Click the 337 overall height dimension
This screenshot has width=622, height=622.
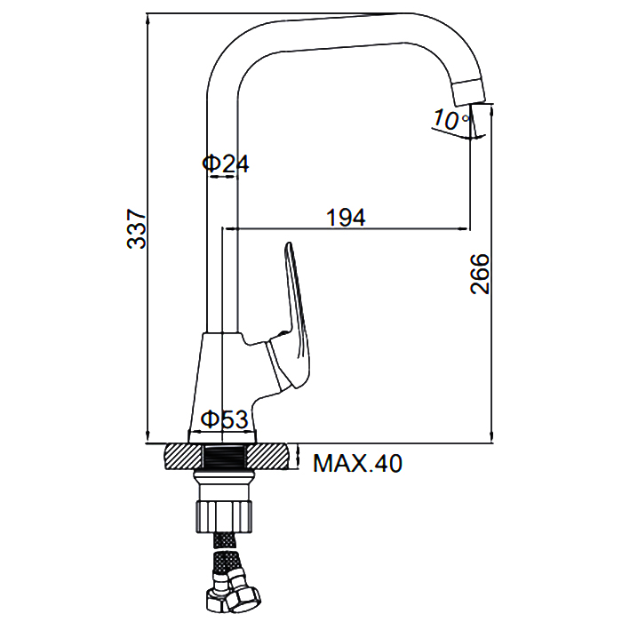tap(137, 228)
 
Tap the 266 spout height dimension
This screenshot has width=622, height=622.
tap(480, 274)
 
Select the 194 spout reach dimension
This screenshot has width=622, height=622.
tap(346, 218)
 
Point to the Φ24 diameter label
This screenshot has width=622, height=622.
tap(226, 163)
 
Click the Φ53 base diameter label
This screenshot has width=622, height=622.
tap(224, 419)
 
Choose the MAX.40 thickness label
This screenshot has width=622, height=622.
tap(357, 463)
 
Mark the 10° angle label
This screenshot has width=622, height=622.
tap(451, 119)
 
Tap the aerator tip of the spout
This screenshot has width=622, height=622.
tap(470, 92)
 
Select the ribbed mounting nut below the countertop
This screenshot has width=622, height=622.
tap(224, 516)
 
